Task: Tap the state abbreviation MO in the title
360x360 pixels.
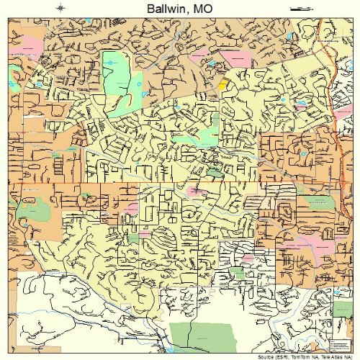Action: click(202, 8)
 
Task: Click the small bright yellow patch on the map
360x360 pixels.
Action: click(222, 84)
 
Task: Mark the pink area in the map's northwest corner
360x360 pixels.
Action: click(26, 53)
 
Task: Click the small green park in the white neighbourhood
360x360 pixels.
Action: click(238, 272)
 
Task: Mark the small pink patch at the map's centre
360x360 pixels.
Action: click(194, 191)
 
